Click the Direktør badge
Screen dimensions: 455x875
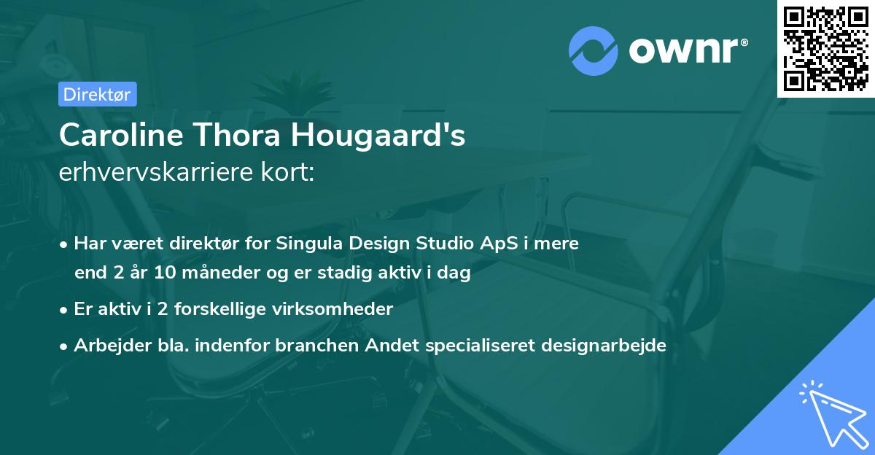[x=97, y=94]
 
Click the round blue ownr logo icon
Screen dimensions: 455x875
[x=594, y=51]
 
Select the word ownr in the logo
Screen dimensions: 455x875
[x=685, y=51]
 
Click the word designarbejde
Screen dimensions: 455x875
[x=604, y=346]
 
